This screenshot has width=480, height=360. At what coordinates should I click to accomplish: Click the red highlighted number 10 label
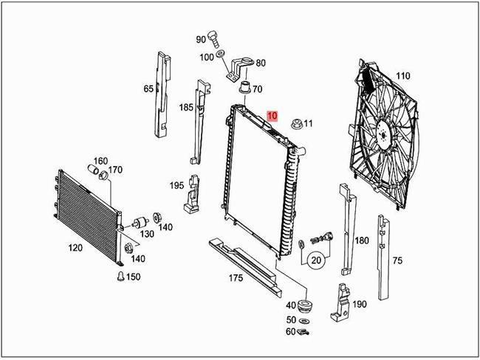pyautogui.click(x=272, y=116)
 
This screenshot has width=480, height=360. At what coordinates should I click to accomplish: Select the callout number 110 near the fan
pyautogui.click(x=402, y=76)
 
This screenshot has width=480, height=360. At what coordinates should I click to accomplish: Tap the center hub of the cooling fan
pyautogui.click(x=384, y=134)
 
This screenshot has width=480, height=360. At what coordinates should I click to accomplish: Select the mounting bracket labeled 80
pyautogui.click(x=241, y=68)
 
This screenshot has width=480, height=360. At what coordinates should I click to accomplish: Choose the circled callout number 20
pyautogui.click(x=316, y=260)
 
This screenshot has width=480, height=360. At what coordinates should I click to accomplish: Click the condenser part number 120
pyautogui.click(x=75, y=248)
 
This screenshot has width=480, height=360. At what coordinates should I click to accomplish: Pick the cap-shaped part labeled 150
pyautogui.click(x=118, y=277)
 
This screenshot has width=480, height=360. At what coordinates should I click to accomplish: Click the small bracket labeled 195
pyautogui.click(x=193, y=193)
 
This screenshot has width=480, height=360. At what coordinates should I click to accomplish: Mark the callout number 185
pyautogui.click(x=186, y=108)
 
